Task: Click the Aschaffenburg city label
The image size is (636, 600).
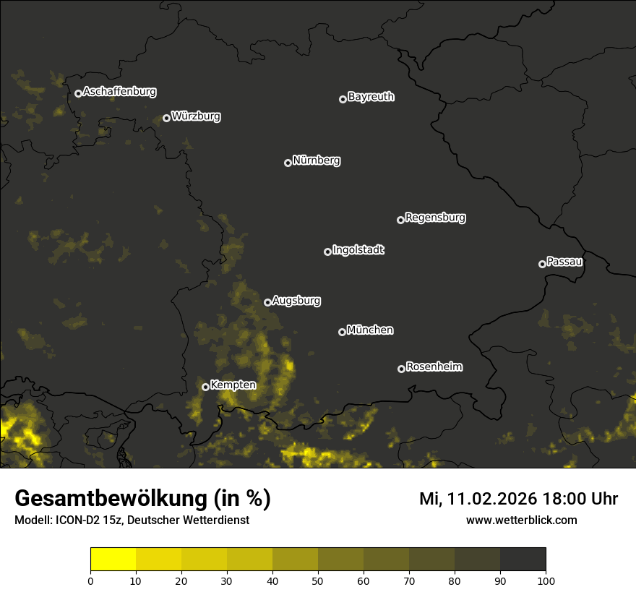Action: (119, 92)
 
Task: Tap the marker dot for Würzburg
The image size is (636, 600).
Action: (166, 118)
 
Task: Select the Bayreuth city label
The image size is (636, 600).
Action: (371, 97)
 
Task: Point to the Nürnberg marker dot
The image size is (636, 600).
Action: (288, 163)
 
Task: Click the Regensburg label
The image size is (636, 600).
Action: (435, 218)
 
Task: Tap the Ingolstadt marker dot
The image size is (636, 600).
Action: (327, 252)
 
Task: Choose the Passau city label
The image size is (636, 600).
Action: (564, 262)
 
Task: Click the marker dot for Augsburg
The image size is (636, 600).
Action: (267, 302)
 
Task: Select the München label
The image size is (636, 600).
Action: (370, 330)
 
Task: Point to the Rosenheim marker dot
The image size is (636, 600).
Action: (401, 369)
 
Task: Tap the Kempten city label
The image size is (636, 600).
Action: (233, 385)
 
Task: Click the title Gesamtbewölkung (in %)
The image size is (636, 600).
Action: (142, 499)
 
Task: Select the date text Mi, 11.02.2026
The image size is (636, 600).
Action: (478, 499)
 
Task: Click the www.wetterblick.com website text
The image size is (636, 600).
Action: (522, 520)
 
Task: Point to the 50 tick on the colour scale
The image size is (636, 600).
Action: (318, 580)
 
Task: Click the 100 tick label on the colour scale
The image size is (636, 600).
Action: (546, 580)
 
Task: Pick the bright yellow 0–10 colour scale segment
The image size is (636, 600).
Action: (113, 560)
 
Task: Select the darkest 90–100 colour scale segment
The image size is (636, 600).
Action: (523, 560)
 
